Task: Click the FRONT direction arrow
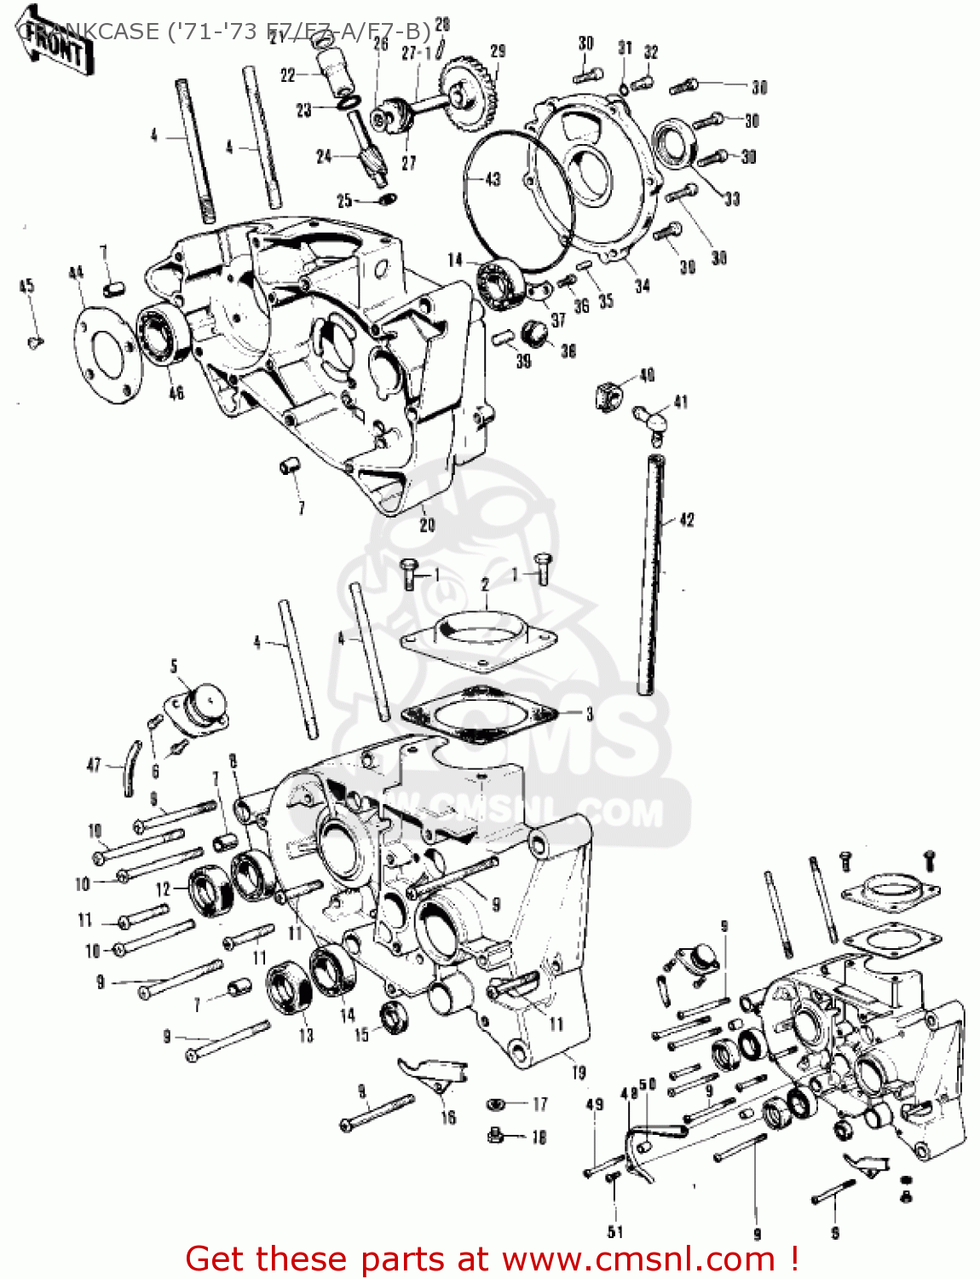56,48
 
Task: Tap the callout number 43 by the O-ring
493,179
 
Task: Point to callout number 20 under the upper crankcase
427,524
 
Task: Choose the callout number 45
26,286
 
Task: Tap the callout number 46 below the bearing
176,393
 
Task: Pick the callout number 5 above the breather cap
174,666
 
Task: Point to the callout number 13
306,1035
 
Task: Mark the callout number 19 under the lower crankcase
579,1073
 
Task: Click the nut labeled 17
496,1104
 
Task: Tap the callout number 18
539,1137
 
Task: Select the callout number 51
615,1231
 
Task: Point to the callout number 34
643,285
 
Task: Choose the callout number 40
647,375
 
